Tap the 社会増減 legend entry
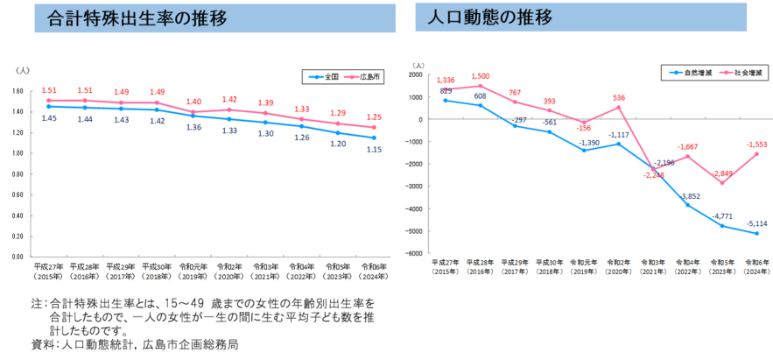741,72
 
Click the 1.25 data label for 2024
374,117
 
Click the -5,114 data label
756,223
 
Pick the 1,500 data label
480,75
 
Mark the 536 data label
617,97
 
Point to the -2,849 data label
722,173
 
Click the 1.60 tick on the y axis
18,91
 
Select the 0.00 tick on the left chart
18,257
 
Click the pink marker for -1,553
756,154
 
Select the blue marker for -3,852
687,205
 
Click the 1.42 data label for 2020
229,100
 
